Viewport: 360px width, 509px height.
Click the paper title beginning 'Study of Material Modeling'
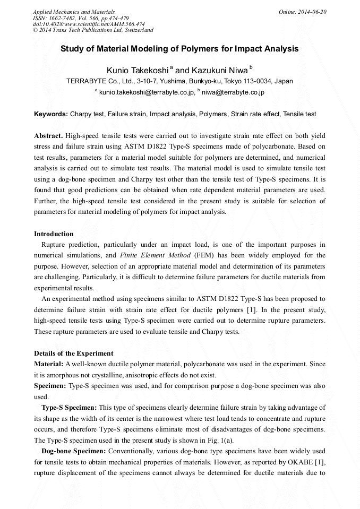click(179, 49)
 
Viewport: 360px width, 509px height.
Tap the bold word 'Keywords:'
click(51, 114)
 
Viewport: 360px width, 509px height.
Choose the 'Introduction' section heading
click(54, 234)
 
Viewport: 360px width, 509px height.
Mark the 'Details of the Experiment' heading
click(73, 353)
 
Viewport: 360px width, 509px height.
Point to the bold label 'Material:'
click(48, 364)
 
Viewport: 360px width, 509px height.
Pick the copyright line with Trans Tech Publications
click(93, 30)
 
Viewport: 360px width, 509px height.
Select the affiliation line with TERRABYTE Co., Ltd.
click(179, 82)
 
